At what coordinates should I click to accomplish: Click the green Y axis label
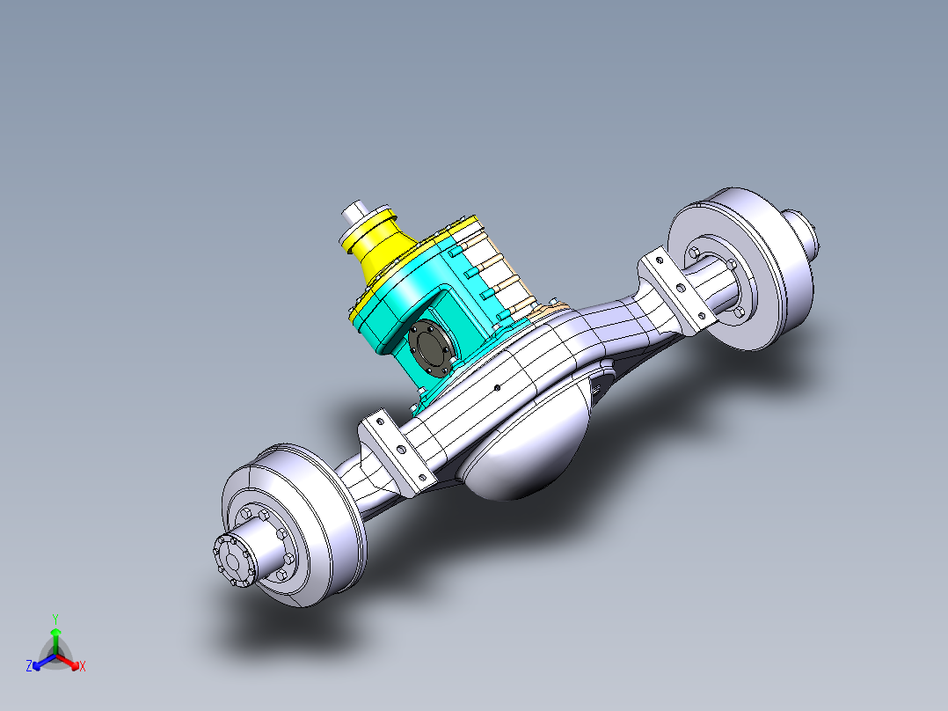(x=55, y=618)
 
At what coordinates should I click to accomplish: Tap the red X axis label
(x=82, y=667)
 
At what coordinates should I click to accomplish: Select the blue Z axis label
(x=29, y=667)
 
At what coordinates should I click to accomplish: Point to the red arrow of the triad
(x=70, y=661)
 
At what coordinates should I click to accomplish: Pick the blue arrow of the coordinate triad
(x=40, y=661)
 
